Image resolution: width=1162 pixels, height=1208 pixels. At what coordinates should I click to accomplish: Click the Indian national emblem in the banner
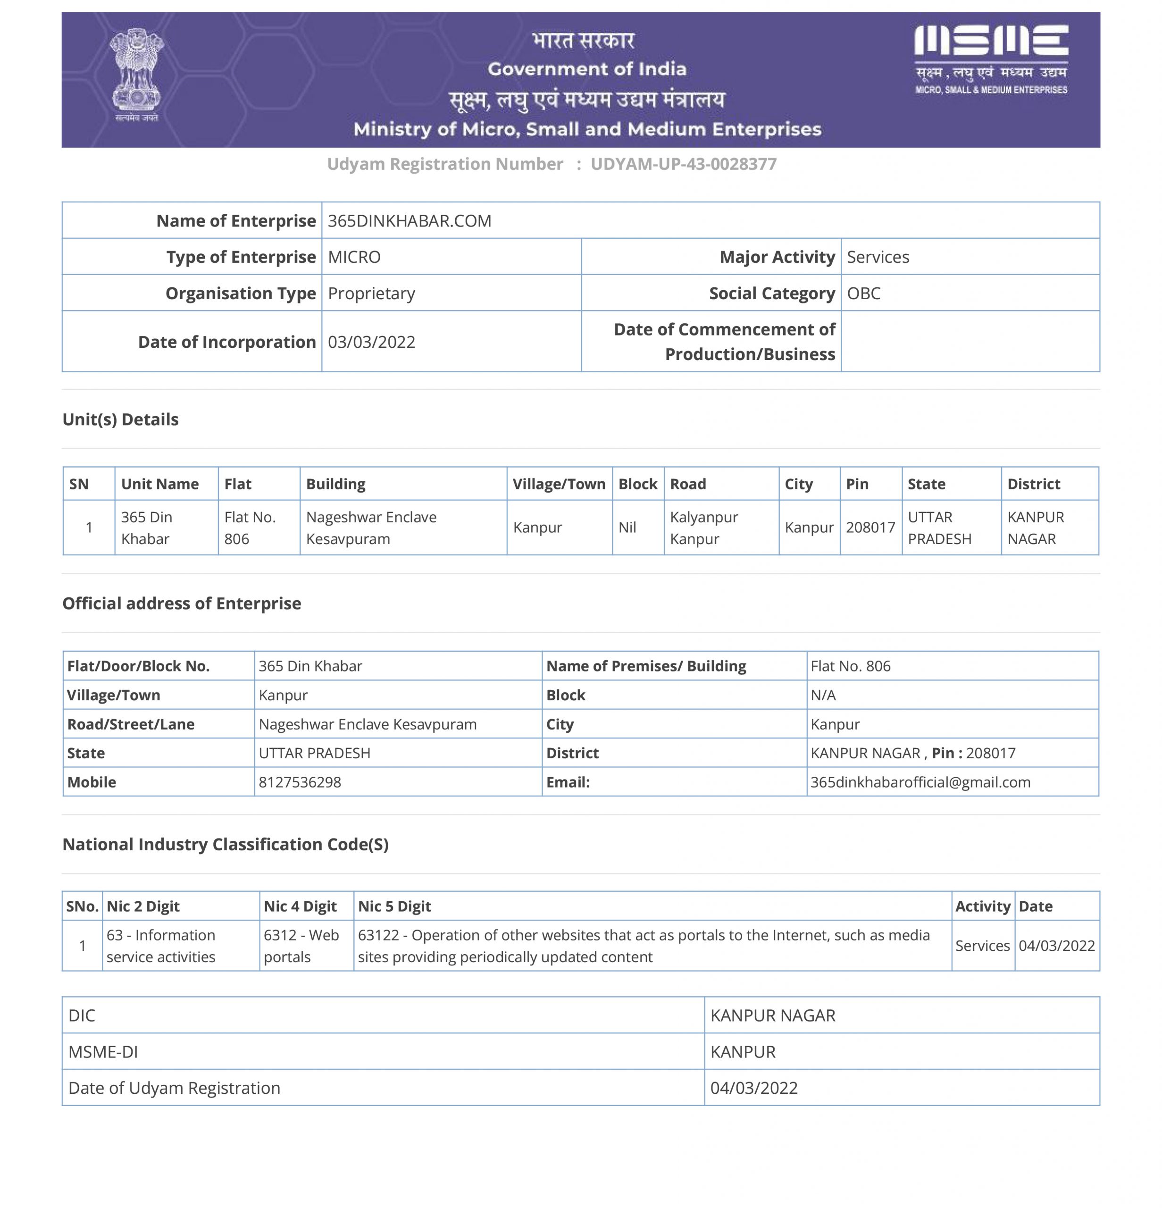136,74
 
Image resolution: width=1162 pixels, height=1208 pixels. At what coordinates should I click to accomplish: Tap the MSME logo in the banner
990,59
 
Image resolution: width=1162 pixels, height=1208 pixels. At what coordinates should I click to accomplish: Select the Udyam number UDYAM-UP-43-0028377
683,164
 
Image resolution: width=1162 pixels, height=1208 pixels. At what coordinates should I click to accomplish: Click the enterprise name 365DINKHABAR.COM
409,221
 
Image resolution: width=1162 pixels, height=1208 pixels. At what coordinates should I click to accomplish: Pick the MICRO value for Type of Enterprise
354,257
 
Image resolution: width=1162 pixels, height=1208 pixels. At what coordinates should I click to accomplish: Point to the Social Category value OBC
863,294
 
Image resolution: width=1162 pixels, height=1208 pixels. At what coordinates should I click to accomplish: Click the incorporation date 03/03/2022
371,342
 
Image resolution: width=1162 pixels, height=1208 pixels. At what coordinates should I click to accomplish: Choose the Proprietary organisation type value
371,294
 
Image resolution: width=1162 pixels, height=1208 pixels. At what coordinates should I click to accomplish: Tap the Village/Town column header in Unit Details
559,484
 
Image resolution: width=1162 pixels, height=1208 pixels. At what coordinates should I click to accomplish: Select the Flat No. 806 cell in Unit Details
250,528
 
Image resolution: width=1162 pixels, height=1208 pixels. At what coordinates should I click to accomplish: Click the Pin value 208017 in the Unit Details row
870,528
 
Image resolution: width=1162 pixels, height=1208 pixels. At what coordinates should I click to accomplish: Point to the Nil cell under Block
627,528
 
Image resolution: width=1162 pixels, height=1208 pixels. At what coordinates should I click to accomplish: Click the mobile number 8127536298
300,782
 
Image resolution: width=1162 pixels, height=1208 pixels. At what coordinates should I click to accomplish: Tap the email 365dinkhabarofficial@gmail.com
920,782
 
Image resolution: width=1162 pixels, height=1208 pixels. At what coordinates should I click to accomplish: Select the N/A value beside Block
823,695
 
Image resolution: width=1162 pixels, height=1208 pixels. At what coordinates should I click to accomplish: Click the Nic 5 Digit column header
394,906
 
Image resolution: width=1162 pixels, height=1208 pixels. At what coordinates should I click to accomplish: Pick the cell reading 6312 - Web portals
301,946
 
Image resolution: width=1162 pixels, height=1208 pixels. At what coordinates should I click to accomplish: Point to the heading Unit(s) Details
121,419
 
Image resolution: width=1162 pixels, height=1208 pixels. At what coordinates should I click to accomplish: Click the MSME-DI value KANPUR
743,1052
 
